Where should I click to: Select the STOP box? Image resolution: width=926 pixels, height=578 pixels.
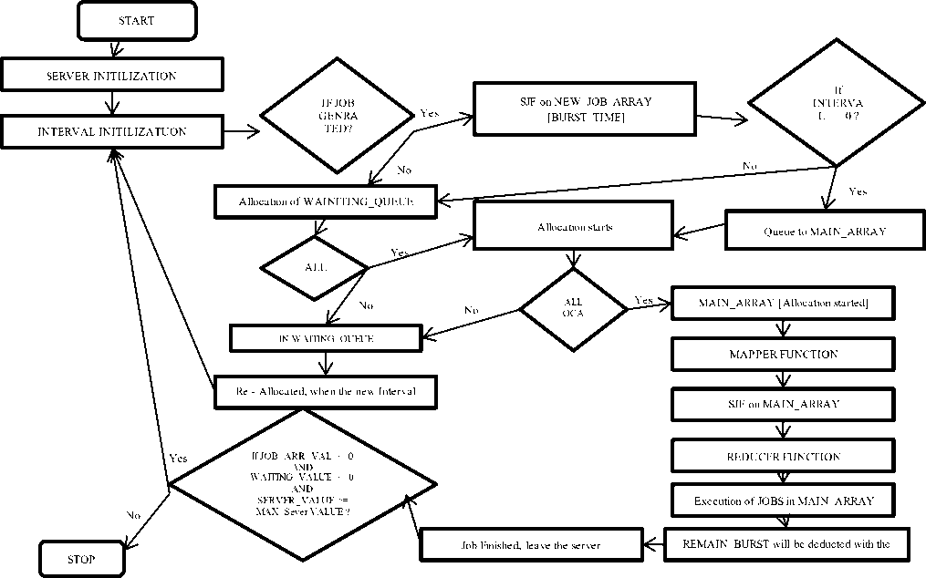pyautogui.click(x=81, y=557)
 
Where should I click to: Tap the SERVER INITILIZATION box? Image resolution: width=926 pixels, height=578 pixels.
pyautogui.click(x=111, y=75)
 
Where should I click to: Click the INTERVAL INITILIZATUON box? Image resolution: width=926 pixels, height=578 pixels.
pyautogui.click(x=111, y=131)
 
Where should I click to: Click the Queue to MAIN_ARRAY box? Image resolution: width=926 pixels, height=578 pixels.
pyautogui.click(x=825, y=231)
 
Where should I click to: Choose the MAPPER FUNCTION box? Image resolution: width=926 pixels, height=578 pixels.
pyautogui.click(x=784, y=353)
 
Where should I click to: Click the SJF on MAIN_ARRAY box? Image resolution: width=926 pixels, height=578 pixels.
pyautogui.click(x=784, y=403)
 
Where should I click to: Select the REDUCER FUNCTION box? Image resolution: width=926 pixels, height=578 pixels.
pyautogui.click(x=784, y=455)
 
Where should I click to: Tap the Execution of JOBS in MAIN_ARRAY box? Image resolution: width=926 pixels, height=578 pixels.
pyautogui.click(x=784, y=501)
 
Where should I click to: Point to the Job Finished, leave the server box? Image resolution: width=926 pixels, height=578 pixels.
pyautogui.click(x=532, y=545)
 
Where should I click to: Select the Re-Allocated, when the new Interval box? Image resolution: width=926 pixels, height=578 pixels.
pyautogui.click(x=327, y=391)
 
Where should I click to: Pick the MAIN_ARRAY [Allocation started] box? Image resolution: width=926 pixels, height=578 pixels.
pyautogui.click(x=784, y=303)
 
